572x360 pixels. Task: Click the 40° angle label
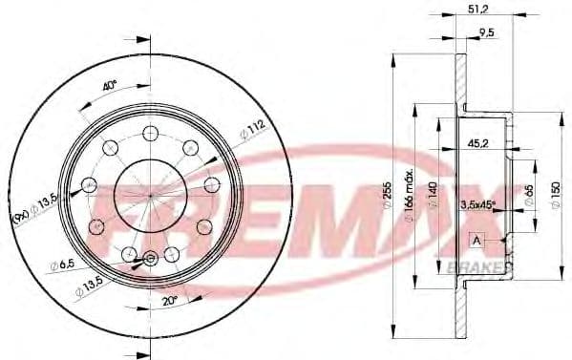(x=110, y=86)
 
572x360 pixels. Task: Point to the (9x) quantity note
(x=17, y=219)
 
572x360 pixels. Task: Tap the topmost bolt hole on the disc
(x=151, y=133)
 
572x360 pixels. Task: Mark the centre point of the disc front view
(x=151, y=195)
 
